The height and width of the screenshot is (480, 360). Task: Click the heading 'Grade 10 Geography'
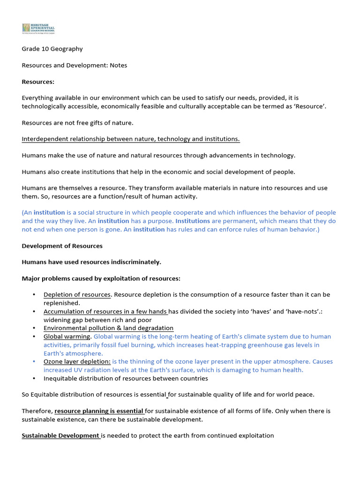tap(52, 49)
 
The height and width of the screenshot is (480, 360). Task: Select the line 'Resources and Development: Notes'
tap(74, 65)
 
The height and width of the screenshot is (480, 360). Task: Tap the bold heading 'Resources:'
tap(38, 82)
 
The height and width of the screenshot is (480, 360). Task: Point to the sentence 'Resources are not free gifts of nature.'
tap(77, 123)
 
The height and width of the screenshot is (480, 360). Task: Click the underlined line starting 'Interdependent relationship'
tap(131, 139)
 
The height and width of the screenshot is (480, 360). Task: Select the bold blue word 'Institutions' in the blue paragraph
tap(192, 221)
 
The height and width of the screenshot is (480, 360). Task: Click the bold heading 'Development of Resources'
tap(62, 246)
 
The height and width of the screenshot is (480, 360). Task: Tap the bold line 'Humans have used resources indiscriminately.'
tap(91, 262)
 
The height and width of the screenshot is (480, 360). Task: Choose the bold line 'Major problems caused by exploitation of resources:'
tap(101, 278)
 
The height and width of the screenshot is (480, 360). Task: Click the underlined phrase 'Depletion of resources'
tap(77, 295)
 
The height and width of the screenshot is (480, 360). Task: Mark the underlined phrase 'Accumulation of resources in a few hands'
tap(105, 311)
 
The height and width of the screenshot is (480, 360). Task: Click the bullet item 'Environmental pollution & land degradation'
tap(108, 328)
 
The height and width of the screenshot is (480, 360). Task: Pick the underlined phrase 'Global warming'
tap(67, 337)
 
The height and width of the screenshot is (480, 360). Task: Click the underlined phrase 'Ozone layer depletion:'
tap(77, 361)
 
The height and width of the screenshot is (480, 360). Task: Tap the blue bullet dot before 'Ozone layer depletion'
tap(34, 361)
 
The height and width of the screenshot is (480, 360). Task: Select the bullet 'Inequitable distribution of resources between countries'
tap(126, 378)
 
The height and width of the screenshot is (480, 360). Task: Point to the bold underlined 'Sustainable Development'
tap(60, 435)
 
